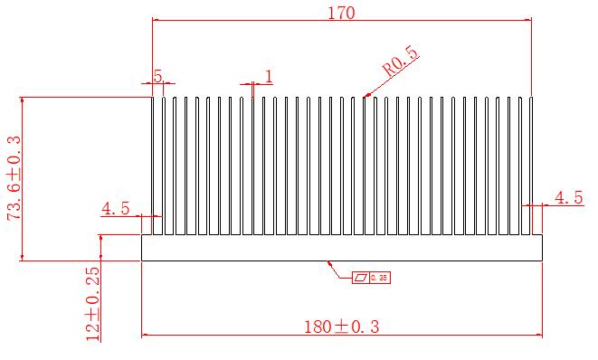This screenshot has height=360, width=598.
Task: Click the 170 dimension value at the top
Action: pyautogui.click(x=341, y=13)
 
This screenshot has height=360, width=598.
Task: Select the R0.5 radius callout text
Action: pyautogui.click(x=401, y=62)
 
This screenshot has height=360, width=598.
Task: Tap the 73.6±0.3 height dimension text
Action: pyautogui.click(x=14, y=177)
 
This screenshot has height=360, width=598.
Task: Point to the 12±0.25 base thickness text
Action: pyautogui.click(x=93, y=304)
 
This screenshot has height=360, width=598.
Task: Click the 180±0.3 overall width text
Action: pyautogui.click(x=341, y=327)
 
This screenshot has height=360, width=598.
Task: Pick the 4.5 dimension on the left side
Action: pyautogui.click(x=115, y=208)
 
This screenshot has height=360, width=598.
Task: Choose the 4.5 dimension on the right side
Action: pyautogui.click(x=569, y=197)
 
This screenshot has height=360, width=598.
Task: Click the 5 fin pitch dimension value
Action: pyautogui.click(x=157, y=76)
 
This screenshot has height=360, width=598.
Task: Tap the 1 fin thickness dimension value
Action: pyautogui.click(x=269, y=77)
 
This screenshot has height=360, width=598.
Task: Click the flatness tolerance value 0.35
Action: pyautogui.click(x=379, y=278)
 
